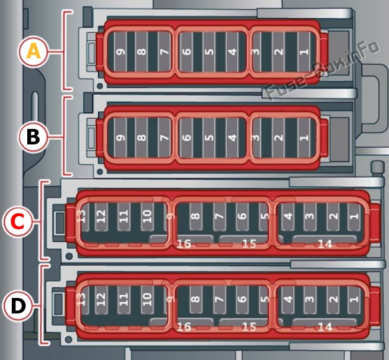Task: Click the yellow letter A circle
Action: (33, 51)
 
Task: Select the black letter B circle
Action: (33, 137)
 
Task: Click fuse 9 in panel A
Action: (121, 52)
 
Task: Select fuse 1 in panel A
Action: (304, 52)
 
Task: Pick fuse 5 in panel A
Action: (209, 52)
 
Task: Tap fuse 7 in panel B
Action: (164, 137)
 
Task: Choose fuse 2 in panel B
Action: (279, 137)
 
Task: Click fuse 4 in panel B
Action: (232, 137)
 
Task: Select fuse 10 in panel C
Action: (147, 217)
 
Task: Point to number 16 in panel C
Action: (184, 244)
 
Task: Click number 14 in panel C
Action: (325, 244)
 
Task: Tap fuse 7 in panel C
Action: (219, 217)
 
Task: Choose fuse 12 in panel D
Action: (101, 300)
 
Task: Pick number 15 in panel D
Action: (249, 327)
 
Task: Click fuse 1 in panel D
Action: (354, 300)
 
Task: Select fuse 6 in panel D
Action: (243, 300)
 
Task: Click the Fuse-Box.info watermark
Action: (322, 70)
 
